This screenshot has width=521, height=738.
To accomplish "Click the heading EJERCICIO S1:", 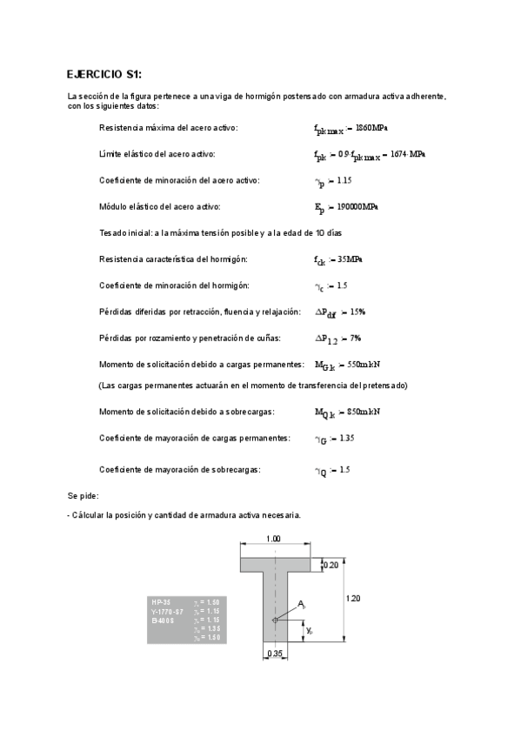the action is click(110, 74).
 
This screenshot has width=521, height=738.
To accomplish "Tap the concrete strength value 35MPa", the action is click(349, 259).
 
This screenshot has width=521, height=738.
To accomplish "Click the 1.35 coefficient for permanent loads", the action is click(345, 438).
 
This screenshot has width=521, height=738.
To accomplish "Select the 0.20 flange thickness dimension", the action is click(331, 565).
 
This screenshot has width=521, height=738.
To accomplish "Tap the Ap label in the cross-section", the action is click(302, 603).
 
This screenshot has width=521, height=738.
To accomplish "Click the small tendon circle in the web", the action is click(274, 620).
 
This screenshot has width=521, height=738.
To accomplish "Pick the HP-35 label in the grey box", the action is click(161, 602).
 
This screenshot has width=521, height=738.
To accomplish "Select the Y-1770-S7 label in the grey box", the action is click(168, 611).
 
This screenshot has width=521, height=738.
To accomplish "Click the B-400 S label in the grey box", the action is click(163, 620).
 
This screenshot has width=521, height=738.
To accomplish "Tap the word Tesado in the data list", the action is click(115, 233).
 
